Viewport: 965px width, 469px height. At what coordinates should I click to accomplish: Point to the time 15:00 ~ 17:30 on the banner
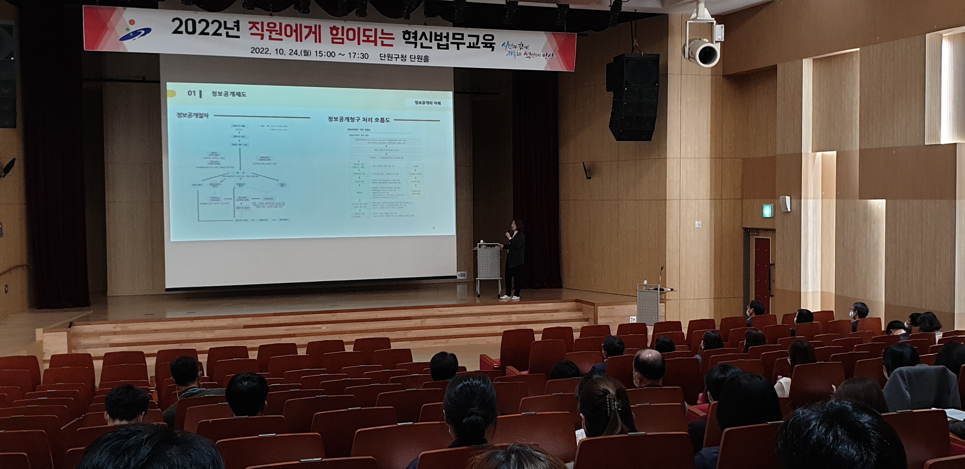click(341, 55)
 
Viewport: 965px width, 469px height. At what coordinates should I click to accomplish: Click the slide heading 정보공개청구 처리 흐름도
click(359, 119)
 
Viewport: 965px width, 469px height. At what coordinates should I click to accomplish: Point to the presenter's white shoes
click(510, 297)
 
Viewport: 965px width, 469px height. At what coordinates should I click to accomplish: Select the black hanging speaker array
click(633, 97)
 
